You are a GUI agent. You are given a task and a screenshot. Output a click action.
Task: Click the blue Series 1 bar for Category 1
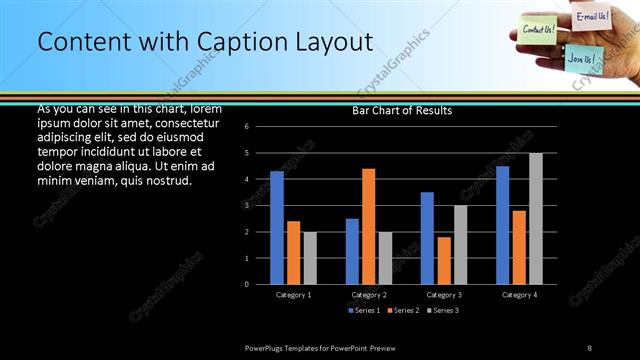click(277, 228)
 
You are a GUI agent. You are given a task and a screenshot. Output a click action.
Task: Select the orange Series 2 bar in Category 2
click(369, 226)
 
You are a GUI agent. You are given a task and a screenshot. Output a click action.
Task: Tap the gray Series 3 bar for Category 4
click(536, 218)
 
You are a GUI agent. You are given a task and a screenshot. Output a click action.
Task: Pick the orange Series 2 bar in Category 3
click(444, 260)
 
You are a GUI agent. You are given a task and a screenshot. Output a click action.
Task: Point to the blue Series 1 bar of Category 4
click(502, 225)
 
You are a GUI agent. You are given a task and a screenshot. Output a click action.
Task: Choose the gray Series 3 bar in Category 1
click(310, 258)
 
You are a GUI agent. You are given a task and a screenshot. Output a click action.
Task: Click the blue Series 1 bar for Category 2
click(352, 251)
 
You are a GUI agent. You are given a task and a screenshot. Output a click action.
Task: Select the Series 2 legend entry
click(403, 310)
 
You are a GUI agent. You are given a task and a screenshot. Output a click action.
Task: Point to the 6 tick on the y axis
click(260, 127)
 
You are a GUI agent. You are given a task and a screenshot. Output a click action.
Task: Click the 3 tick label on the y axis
click(260, 206)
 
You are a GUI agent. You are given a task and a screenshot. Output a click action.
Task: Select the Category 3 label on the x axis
click(444, 295)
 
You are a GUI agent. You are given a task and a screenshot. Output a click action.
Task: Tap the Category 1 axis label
click(294, 295)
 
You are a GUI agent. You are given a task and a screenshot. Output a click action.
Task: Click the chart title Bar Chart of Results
click(402, 110)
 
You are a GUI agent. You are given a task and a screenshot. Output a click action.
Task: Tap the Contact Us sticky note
click(539, 30)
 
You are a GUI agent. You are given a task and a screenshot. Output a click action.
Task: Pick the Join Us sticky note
click(580, 58)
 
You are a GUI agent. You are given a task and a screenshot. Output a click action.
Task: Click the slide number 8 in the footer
click(589, 347)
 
